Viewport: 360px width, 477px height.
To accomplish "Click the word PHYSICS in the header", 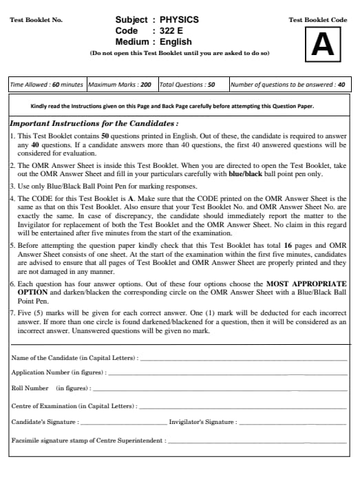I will tap(179, 20).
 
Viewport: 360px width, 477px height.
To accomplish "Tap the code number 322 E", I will tap(173, 31).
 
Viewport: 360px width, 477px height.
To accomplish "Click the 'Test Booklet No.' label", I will tap(36, 20).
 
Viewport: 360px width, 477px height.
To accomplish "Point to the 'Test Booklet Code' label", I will tap(318, 20).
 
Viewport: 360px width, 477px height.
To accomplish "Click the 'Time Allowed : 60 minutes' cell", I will tap(46, 85).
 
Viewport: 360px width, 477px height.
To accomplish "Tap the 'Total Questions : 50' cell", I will tap(187, 85).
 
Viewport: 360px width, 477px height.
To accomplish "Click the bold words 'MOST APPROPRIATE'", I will tap(306, 284).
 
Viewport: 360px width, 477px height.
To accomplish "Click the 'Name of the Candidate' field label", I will tap(74, 358).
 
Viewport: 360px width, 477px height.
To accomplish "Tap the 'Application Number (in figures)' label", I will tap(59, 372).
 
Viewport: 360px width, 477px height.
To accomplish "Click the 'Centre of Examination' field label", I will tap(74, 405).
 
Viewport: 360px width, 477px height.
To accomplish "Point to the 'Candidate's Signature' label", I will tap(45, 421).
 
